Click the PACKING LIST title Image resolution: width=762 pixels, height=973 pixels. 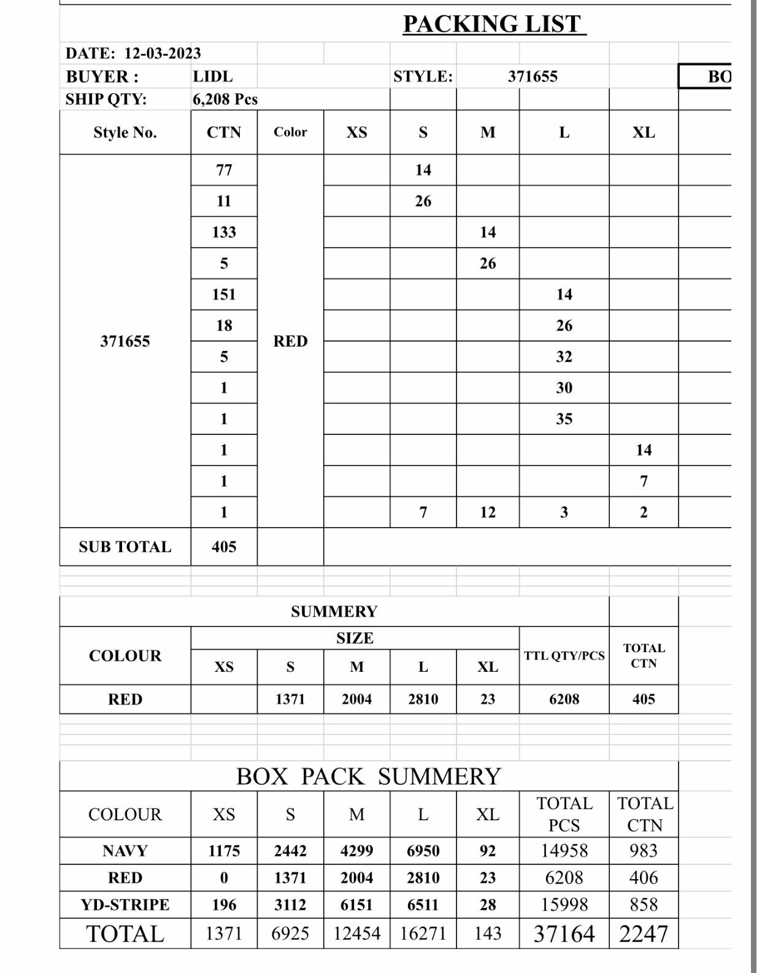click(x=494, y=25)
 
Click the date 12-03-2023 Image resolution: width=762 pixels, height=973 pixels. click(x=163, y=53)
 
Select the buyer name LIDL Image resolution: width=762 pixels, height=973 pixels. click(x=212, y=77)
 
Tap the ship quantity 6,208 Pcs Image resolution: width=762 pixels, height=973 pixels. click(x=225, y=99)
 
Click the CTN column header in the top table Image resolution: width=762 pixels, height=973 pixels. click(x=224, y=133)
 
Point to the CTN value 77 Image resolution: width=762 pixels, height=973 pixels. click(x=224, y=170)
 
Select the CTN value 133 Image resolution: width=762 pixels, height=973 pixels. click(x=224, y=233)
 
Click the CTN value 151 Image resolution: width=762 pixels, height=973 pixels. click(x=224, y=294)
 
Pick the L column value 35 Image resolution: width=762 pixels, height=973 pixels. click(x=564, y=419)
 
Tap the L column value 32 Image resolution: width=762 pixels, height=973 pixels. click(x=564, y=357)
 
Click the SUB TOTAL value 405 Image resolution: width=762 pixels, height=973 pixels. click(x=224, y=547)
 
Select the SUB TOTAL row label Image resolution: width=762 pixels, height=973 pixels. click(x=125, y=547)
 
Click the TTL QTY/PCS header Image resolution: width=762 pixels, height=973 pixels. click(x=564, y=656)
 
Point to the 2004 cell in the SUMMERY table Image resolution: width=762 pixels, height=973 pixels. click(x=356, y=699)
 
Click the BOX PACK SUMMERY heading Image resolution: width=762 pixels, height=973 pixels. click(x=369, y=777)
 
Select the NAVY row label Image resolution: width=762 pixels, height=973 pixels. click(x=125, y=851)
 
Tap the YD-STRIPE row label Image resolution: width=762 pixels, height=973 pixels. click(x=125, y=905)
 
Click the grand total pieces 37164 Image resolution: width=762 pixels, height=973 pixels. click(x=564, y=934)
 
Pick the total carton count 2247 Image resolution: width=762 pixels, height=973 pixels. click(x=644, y=934)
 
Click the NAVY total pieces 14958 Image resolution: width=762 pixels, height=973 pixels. click(x=564, y=851)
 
